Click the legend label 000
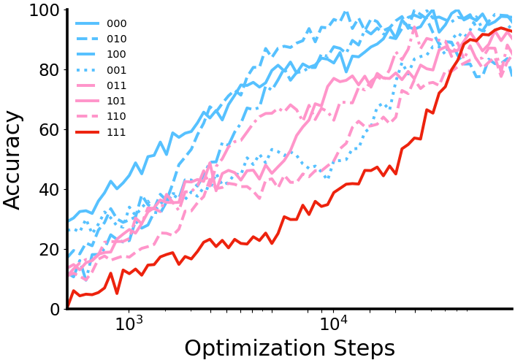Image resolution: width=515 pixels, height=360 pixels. coord(117,23)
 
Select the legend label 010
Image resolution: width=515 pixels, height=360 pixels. coord(117,39)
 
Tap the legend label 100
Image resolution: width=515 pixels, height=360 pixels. coord(117,54)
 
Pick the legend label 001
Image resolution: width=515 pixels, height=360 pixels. coord(117,70)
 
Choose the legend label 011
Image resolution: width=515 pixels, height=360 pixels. coord(117,85)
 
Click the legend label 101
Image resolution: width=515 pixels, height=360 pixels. coord(117,101)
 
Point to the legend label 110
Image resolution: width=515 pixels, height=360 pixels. coord(117,116)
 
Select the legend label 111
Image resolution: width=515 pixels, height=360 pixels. coord(117,132)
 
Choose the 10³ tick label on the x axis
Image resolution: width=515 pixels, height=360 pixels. coord(129,323)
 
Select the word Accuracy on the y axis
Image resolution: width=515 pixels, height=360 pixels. coord(13,159)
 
